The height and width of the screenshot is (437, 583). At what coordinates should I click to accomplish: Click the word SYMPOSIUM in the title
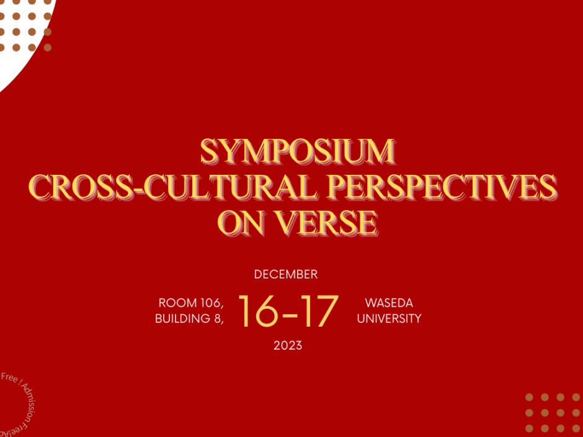point(298,151)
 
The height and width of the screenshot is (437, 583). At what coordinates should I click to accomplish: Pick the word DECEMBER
point(286,274)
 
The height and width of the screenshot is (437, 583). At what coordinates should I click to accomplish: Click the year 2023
point(288,345)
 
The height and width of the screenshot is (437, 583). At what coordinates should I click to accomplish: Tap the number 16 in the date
point(259,311)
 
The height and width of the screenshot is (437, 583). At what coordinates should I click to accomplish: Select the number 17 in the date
point(320,311)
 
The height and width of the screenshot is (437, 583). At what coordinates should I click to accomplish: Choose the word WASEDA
point(389,303)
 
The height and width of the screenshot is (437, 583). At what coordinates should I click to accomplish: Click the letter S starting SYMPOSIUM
point(211,151)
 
